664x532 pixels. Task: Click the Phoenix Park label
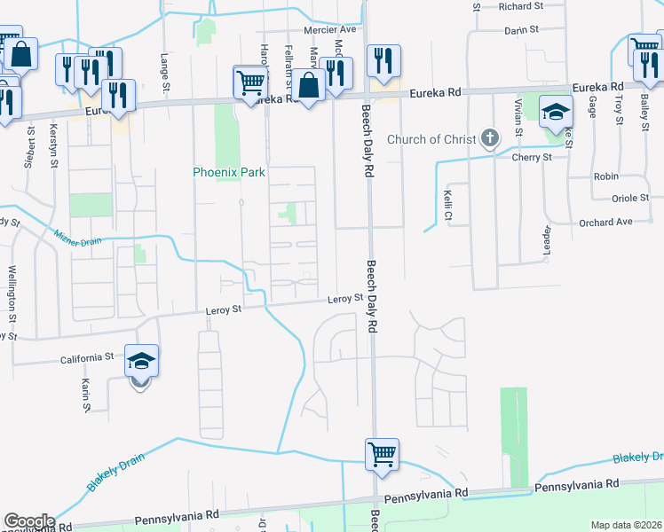[230, 172]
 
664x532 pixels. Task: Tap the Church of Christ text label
[431, 139]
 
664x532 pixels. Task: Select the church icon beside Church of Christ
[489, 138]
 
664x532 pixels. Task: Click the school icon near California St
[142, 362]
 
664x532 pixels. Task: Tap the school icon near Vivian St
[557, 113]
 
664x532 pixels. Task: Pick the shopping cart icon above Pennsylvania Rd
[383, 455]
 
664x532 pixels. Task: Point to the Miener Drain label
[78, 237]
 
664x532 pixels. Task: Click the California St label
[87, 357]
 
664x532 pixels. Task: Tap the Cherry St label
[532, 157]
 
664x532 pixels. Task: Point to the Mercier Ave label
[328, 29]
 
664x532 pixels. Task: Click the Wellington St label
[12, 293]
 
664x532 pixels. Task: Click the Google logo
[28, 521]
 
